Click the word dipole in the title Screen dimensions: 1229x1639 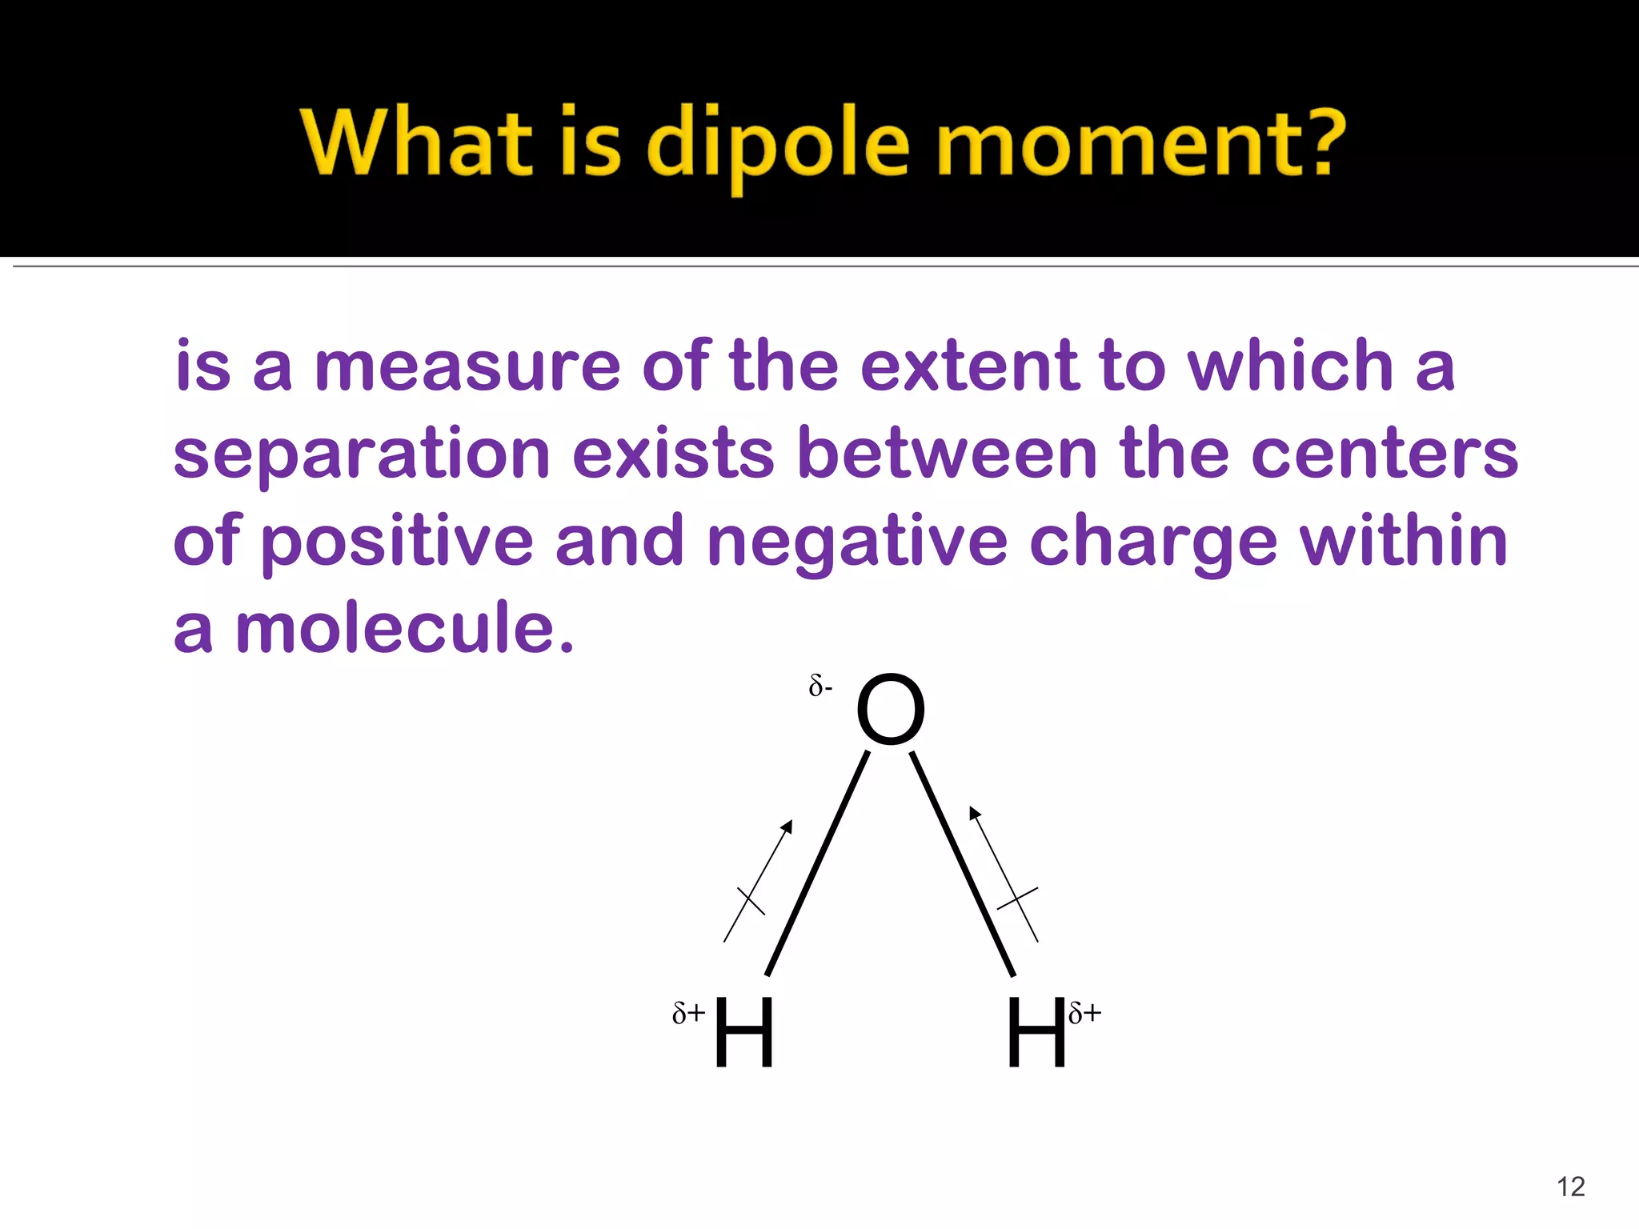tap(777, 144)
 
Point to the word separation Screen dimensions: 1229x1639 tap(361, 454)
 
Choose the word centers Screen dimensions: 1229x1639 tap(1384, 454)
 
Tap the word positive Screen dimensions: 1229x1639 tap(397, 542)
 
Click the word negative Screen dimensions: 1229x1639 tap(857, 542)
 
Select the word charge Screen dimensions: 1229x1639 tap(1152, 542)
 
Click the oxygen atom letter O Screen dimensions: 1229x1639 tap(890, 710)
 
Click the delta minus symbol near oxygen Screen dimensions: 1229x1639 tap(820, 686)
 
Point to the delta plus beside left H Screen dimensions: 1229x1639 tap(688, 1013)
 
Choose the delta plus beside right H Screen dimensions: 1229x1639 tap(1084, 1013)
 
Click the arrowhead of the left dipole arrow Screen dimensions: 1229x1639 tap(787, 826)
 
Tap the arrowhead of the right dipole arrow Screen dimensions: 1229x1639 tap(974, 812)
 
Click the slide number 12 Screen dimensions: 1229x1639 tap(1571, 1186)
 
